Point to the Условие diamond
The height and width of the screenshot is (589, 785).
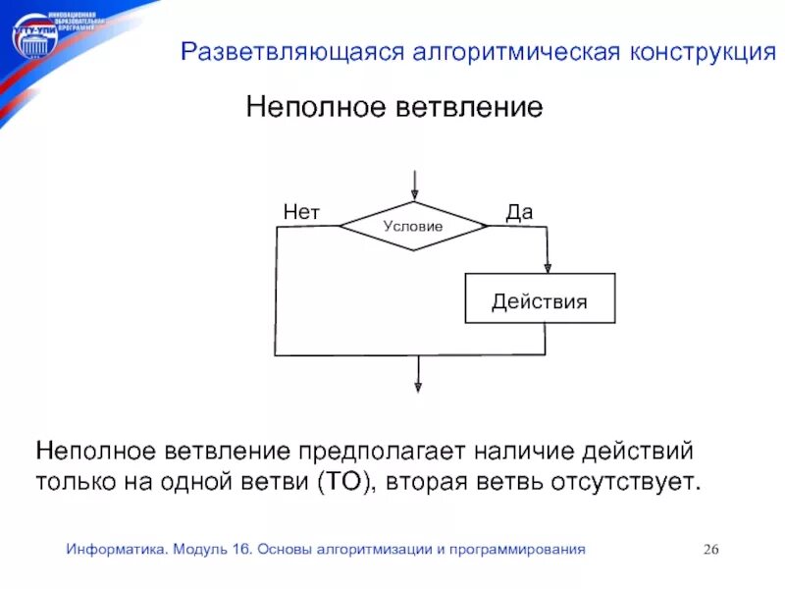coord(413,226)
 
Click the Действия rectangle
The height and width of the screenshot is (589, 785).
coord(540,300)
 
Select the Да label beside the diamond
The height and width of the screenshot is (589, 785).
coord(519,211)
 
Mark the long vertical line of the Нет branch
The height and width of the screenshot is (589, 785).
coord(276,291)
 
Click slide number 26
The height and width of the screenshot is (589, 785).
coord(711,550)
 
